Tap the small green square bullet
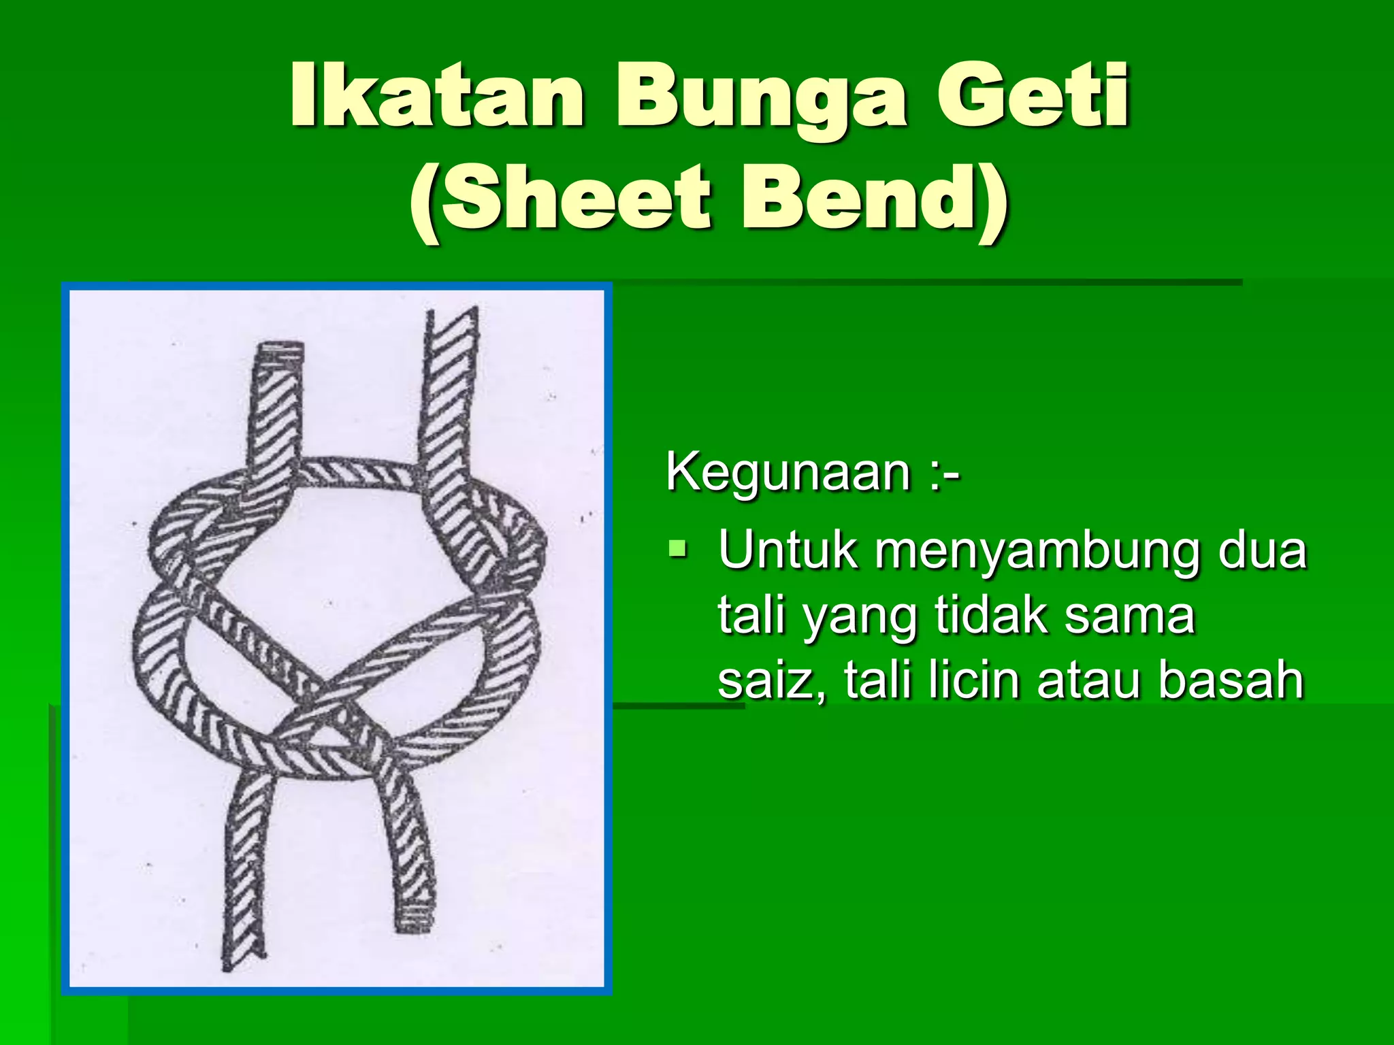click(677, 547)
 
